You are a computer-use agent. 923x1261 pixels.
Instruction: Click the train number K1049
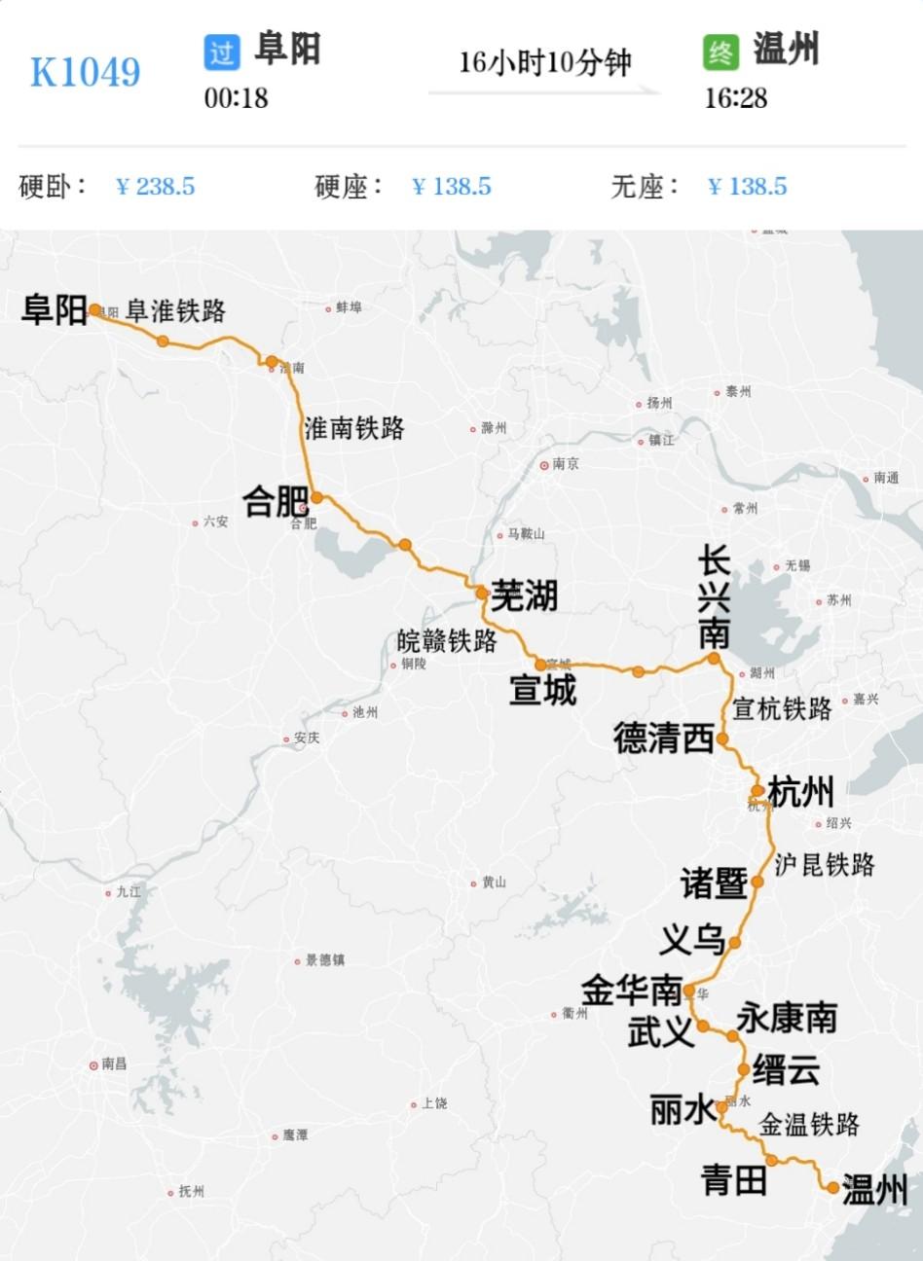[x=86, y=72]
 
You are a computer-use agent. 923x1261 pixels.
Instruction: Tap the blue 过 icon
[x=222, y=52]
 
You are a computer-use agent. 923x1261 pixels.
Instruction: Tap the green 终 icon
[x=721, y=52]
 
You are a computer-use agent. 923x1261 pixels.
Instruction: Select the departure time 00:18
[x=236, y=98]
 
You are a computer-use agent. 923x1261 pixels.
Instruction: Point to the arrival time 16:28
[x=736, y=98]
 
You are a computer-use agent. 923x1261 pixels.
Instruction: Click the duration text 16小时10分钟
[x=545, y=63]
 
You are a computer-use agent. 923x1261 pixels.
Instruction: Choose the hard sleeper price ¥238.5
[x=156, y=186]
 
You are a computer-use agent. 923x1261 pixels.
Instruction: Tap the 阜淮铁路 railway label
[x=176, y=310]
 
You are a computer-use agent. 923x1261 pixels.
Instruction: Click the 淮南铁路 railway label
[x=354, y=427]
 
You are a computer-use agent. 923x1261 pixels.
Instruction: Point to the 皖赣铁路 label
[x=447, y=640]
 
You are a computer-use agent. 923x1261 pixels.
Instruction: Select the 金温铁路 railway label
[x=809, y=1125]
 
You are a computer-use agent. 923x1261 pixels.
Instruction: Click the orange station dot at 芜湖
[x=482, y=593]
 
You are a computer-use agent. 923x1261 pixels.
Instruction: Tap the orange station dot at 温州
[x=832, y=1187]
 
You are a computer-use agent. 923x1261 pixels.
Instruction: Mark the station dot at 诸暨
[x=757, y=882]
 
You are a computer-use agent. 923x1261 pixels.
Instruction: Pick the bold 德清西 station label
[x=664, y=739]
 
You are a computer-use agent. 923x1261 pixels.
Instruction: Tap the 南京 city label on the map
[x=565, y=464]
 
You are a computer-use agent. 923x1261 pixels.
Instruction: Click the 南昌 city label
[x=114, y=1063]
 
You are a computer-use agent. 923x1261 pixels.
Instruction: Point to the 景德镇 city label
[x=324, y=960]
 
